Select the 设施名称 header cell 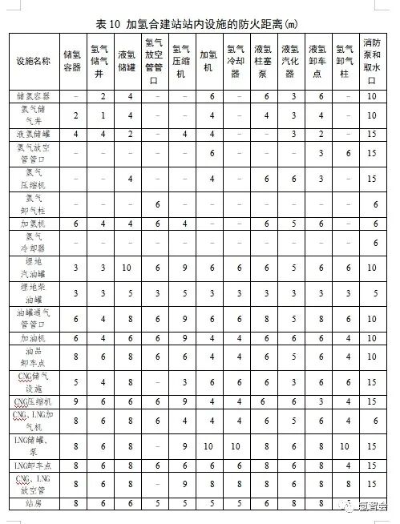pyautogui.click(x=33, y=61)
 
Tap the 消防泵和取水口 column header pyautogui.click(x=371, y=61)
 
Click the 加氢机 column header pyautogui.click(x=208, y=61)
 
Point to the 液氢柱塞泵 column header pyautogui.click(x=262, y=61)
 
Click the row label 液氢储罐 pyautogui.click(x=33, y=133)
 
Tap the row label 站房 pyautogui.click(x=33, y=503)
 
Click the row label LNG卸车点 pyautogui.click(x=33, y=465)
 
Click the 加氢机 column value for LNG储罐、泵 pyautogui.click(x=208, y=445)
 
